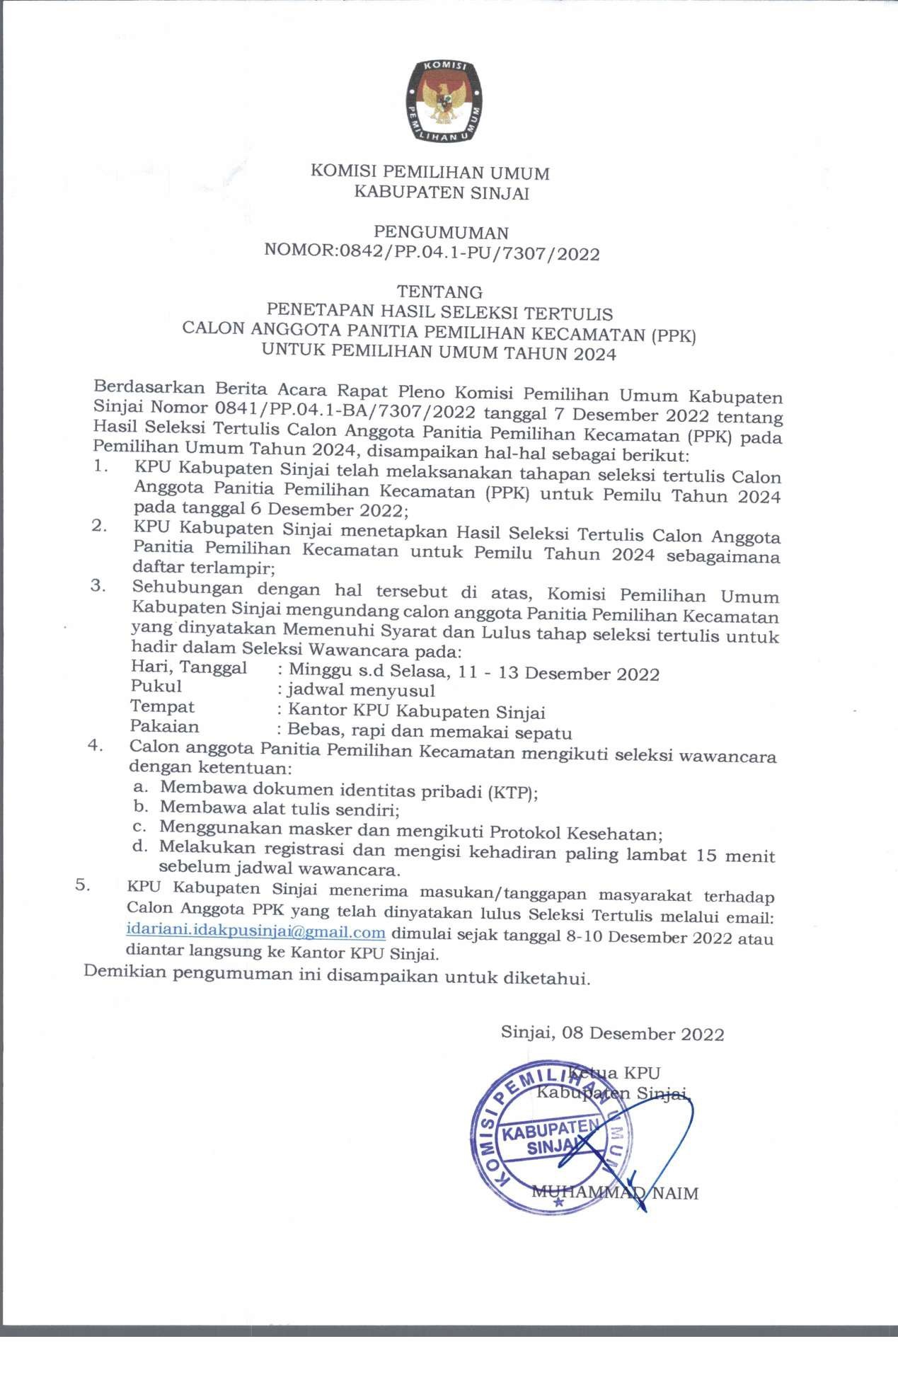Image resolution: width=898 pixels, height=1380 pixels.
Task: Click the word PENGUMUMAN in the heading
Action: [441, 232]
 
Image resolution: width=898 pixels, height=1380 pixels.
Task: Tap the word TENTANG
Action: [439, 292]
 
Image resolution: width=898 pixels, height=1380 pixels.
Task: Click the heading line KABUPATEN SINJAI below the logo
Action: [441, 192]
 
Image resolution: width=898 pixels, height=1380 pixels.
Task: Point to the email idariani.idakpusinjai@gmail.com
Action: [255, 932]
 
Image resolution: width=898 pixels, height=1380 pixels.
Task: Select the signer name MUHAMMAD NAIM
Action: [614, 1193]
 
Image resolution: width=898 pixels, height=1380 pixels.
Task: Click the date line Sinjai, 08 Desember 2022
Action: [612, 1033]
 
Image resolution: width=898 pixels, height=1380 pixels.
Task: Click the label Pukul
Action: [156, 686]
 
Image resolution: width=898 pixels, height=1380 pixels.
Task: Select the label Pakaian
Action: [165, 726]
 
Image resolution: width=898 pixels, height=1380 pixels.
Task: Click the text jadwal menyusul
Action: [361, 689]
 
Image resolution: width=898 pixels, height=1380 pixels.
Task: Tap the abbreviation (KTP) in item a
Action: [512, 792]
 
